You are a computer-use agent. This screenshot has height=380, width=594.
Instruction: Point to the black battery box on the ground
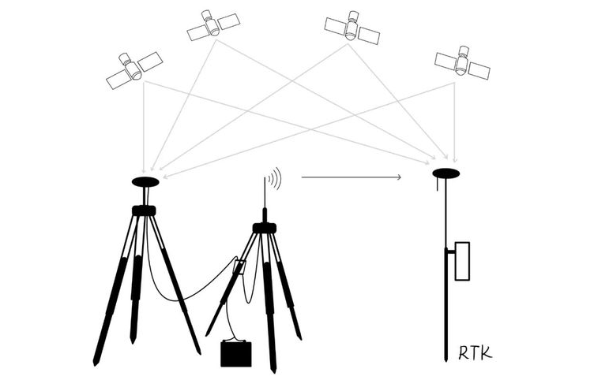(x=236, y=354)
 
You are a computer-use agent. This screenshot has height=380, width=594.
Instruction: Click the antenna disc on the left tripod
(x=145, y=181)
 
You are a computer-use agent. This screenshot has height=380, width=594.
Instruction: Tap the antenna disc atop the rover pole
(x=445, y=173)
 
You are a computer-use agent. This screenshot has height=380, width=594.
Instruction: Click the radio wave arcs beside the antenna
(x=274, y=180)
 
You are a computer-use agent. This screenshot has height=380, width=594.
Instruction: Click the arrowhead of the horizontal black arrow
(x=399, y=177)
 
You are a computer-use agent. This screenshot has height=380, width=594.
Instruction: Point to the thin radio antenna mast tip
(x=264, y=178)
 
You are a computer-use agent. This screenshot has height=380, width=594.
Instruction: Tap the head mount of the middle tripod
(x=264, y=228)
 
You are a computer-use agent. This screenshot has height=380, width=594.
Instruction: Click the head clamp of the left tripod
(x=144, y=210)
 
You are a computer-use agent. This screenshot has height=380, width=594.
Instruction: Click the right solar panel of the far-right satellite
(x=479, y=69)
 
